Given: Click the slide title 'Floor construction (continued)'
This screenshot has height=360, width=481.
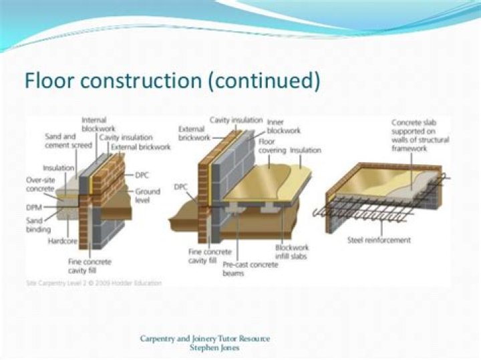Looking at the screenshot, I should point(172,80).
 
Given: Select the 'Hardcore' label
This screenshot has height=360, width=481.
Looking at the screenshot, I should point(60,240).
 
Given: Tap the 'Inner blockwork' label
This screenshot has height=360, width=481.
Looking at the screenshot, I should point(284,127).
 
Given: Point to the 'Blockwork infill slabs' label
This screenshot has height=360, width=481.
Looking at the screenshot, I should point(291,252).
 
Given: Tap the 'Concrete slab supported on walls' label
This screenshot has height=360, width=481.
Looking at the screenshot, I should point(420,136).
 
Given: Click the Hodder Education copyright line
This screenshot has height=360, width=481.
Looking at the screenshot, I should point(94,283).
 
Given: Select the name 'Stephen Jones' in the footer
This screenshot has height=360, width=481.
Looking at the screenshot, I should point(213,348).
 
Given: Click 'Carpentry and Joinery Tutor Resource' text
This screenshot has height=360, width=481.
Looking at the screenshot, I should point(205,339).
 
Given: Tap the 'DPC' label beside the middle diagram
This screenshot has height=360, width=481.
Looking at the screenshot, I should point(180,187).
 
